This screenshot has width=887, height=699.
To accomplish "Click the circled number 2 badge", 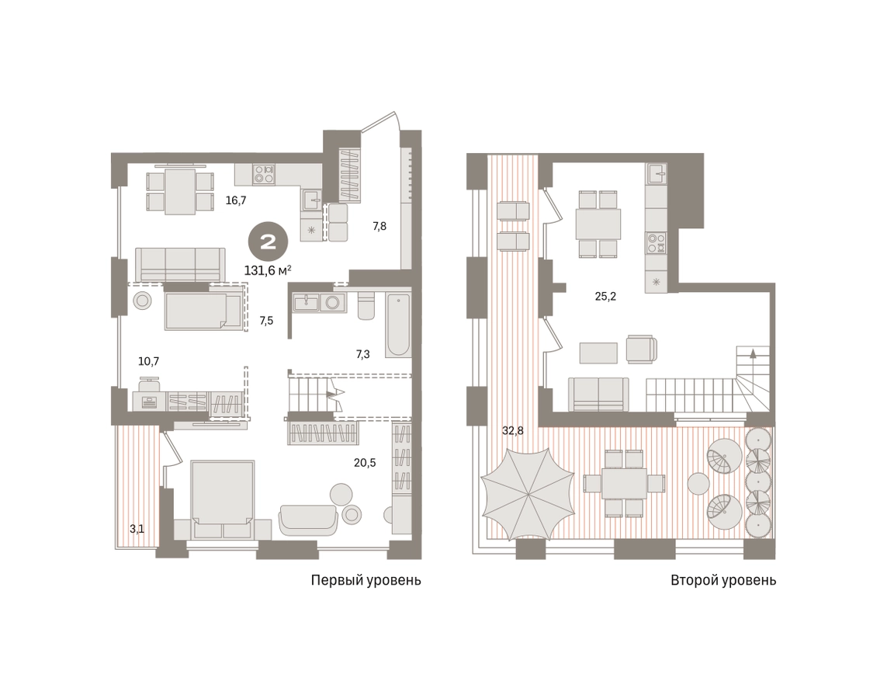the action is [x=269, y=242].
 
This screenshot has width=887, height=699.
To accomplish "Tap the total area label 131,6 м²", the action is [x=268, y=270].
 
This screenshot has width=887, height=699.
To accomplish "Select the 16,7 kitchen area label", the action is [x=236, y=200].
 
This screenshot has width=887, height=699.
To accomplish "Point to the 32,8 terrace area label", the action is [x=512, y=431].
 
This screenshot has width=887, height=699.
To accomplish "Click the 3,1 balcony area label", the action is [x=137, y=529].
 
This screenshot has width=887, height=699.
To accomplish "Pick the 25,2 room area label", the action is [x=605, y=296].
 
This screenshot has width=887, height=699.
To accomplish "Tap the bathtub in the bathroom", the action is [x=398, y=325].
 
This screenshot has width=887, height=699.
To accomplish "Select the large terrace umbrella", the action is [x=527, y=495].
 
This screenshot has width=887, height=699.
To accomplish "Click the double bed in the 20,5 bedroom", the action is [x=222, y=499].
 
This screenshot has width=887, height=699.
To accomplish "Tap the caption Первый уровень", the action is [x=366, y=580].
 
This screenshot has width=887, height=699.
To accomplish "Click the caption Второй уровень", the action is [x=723, y=580].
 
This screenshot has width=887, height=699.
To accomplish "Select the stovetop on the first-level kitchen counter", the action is [x=264, y=174].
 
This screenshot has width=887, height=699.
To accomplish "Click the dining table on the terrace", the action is [x=624, y=483].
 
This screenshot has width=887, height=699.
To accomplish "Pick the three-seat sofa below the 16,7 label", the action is [x=181, y=264].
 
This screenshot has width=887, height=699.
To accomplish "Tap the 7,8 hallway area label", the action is [x=379, y=226].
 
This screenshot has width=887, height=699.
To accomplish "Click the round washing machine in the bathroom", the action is [x=333, y=303].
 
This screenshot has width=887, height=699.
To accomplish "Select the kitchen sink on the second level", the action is [x=657, y=173].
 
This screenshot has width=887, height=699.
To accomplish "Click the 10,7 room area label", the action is [x=149, y=361].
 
